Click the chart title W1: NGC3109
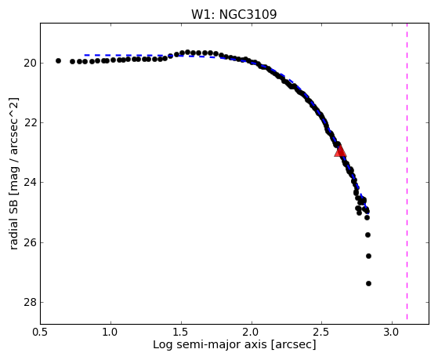233,14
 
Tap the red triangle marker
340,151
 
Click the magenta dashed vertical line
407,172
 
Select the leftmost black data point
58,60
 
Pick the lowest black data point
368,283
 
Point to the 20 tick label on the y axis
30,64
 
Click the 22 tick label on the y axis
30,123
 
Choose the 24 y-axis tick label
30,183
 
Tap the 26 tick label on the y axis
30,242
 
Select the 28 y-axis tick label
30,303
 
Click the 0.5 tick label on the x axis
41,332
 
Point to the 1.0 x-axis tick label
111,332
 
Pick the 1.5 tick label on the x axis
181,332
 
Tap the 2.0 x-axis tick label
252,332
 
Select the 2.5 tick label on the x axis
322,332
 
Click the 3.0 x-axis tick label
393,332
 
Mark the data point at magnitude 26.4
368,256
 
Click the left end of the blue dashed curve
85,55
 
